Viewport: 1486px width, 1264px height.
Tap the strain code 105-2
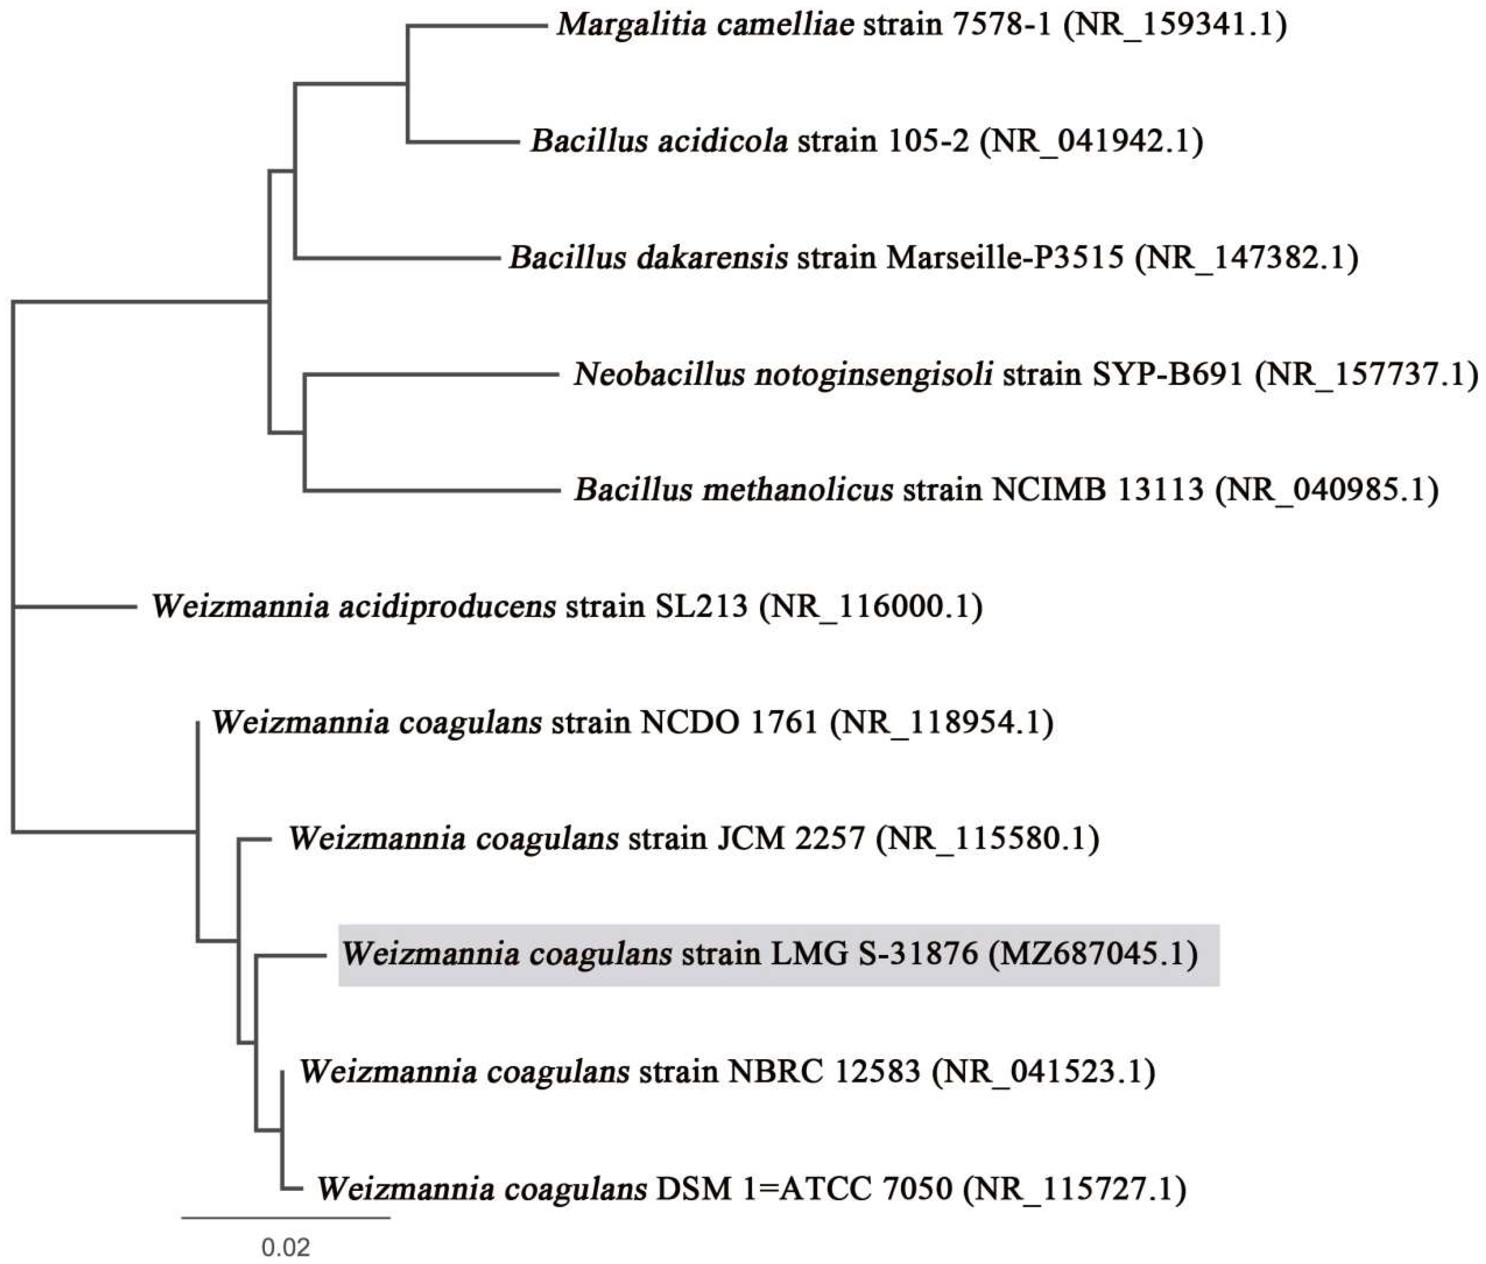point(928,141)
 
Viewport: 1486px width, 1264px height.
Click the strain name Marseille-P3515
point(1005,258)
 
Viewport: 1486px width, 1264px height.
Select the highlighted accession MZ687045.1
point(1093,955)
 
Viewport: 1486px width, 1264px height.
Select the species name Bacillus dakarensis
point(649,258)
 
